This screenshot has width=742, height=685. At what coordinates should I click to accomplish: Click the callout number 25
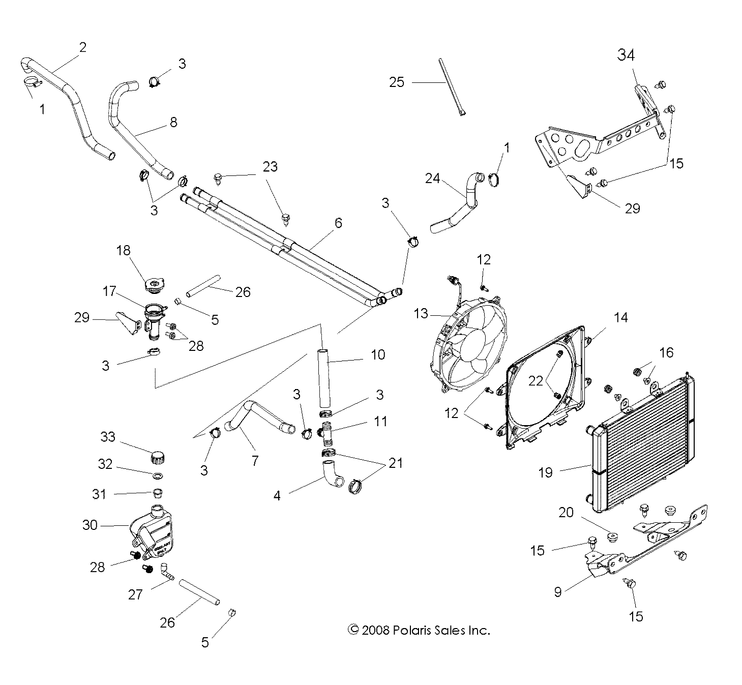coord(397,82)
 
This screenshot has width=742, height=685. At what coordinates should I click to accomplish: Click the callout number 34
coord(626,55)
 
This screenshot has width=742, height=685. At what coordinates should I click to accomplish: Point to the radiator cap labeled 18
coord(154,285)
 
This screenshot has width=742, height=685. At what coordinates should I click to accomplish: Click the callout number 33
coord(108,437)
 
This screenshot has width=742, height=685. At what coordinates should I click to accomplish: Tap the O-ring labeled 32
coord(158,476)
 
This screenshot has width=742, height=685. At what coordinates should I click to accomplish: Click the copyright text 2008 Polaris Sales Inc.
coord(419,630)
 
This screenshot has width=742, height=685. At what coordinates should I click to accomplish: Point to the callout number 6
coord(338,223)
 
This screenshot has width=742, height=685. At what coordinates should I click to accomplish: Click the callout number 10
coord(378,354)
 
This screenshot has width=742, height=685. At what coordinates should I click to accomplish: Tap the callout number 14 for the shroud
coord(620,318)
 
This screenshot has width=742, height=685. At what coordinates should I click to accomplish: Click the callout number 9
coord(558,592)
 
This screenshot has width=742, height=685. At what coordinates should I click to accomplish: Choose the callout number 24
coord(433,178)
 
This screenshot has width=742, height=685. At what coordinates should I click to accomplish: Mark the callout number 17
coord(109,291)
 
